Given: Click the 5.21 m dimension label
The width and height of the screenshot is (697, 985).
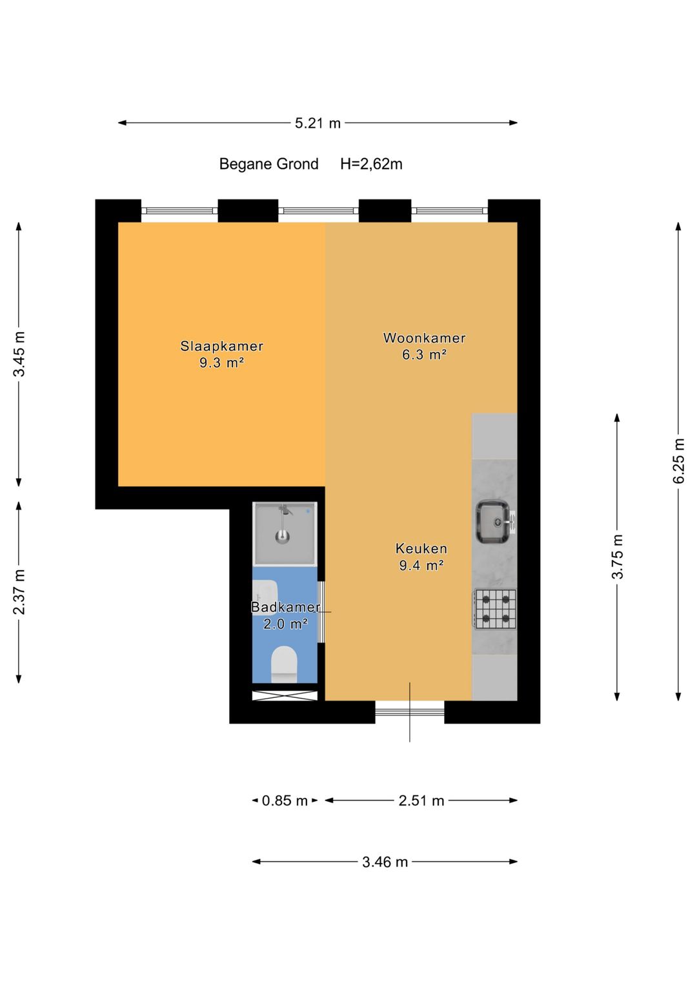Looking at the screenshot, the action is pos(318,124).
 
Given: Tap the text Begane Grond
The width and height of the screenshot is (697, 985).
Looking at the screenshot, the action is pos(268,164).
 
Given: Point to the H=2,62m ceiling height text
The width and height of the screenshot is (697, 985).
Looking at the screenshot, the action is pos(371,164).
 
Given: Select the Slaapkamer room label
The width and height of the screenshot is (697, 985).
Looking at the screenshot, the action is pos(222,346).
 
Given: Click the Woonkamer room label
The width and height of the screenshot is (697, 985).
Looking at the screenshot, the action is pos(424,338).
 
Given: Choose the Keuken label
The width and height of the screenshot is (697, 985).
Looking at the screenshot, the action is pos(421,549).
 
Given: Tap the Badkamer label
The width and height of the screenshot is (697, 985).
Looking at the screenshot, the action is pos(285,607).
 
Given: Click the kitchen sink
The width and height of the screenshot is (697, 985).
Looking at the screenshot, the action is pos(494,523).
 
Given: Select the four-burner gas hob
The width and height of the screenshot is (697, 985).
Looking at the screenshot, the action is pos(495,610).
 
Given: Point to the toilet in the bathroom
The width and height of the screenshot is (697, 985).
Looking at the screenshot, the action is pos(284,664).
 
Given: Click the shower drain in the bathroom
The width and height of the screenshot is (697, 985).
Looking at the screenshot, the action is pos(283,536).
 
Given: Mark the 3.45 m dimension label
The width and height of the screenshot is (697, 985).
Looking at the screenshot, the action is pos(19,354).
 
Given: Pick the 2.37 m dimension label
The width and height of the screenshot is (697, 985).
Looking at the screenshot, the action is pos(19,592).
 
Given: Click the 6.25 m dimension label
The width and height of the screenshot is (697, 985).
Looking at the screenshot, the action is pos(678,461).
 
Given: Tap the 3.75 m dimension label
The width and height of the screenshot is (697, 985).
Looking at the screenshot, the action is pos(618,556).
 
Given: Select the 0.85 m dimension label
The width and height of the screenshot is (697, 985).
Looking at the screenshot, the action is pos(285,801).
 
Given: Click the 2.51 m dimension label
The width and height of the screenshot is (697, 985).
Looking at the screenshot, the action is pos(421,801).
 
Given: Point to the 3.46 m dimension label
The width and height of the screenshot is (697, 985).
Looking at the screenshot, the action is pos(385,862).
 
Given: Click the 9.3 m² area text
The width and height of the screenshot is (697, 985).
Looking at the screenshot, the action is pos(222,363).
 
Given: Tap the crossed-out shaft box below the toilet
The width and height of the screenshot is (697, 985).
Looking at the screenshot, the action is pos(285,695).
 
